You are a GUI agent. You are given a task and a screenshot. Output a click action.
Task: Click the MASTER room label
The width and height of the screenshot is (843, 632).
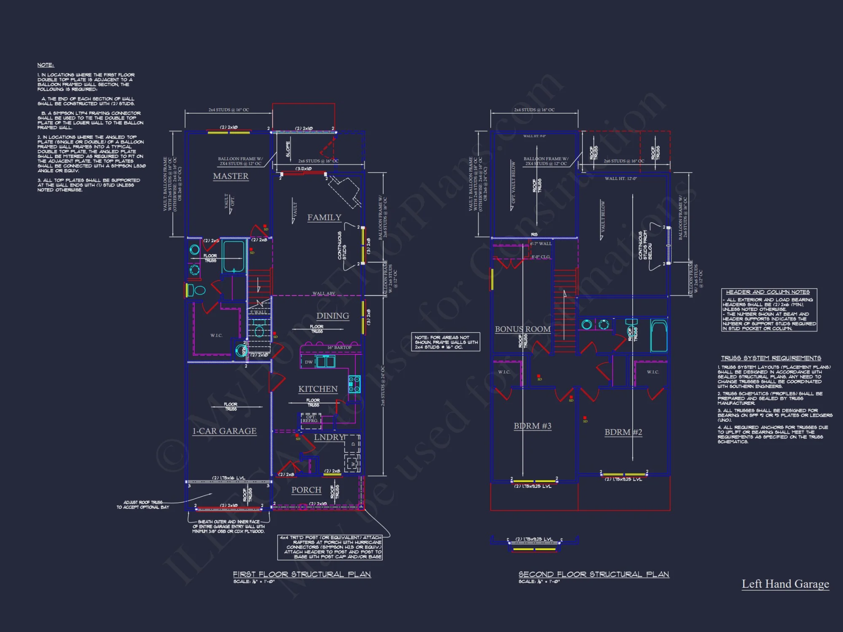(x=231, y=176)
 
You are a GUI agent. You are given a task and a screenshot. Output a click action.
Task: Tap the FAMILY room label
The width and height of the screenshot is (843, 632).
(x=324, y=217)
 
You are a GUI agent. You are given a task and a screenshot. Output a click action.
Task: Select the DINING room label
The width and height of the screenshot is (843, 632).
(x=333, y=316)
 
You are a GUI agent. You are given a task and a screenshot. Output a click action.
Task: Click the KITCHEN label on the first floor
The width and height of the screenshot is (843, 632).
(x=318, y=389)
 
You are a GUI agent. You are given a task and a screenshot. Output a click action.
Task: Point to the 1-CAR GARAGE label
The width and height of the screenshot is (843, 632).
(x=224, y=431)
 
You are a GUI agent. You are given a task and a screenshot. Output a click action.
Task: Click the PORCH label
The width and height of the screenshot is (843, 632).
(x=306, y=490)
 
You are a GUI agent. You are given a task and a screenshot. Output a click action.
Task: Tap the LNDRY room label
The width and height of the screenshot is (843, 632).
(x=329, y=437)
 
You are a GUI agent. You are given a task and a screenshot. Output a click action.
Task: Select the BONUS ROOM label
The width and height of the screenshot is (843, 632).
(x=523, y=329)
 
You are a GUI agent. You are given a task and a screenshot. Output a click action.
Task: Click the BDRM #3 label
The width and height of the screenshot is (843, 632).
(x=532, y=426)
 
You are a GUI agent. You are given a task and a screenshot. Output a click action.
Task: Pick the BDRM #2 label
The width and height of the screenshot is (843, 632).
(x=623, y=432)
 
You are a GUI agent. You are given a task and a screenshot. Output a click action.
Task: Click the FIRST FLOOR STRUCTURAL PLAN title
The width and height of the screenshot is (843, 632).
(x=302, y=574)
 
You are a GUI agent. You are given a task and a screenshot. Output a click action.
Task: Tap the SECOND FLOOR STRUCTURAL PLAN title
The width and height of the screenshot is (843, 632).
(x=593, y=574)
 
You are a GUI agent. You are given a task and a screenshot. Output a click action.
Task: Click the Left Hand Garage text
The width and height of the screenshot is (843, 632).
(x=785, y=584)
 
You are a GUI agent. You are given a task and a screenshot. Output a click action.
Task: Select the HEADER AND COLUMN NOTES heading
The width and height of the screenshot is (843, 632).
(x=768, y=292)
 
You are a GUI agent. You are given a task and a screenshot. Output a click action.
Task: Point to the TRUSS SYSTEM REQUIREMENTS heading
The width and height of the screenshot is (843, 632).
(x=771, y=358)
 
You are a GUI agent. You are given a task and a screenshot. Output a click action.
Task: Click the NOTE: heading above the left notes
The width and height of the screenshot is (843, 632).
(x=46, y=65)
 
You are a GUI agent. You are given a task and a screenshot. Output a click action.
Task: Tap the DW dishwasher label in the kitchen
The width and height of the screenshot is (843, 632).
(x=309, y=362)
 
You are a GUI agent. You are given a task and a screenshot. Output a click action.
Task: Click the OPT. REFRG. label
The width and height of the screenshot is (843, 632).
(x=310, y=419)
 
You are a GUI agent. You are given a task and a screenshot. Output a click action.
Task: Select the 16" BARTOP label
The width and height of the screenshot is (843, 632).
(x=339, y=348)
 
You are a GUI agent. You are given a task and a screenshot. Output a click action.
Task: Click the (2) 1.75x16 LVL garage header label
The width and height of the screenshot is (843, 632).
(x=228, y=478)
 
